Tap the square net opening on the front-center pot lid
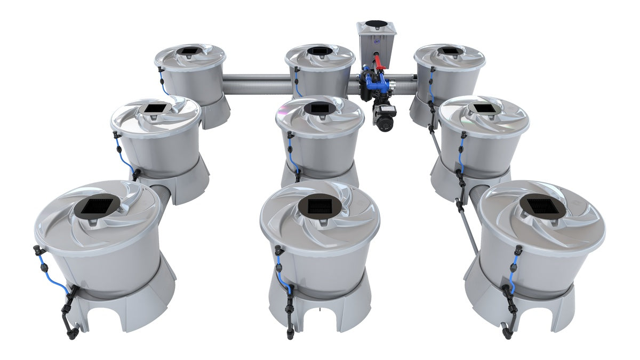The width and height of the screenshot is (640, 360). click(x=319, y=206)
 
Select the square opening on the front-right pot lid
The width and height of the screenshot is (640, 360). click(x=542, y=206)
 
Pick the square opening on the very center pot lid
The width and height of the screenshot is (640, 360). click(x=319, y=109)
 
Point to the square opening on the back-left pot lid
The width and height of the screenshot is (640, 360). click(x=189, y=51)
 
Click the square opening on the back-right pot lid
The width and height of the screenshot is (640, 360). click(x=449, y=51)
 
